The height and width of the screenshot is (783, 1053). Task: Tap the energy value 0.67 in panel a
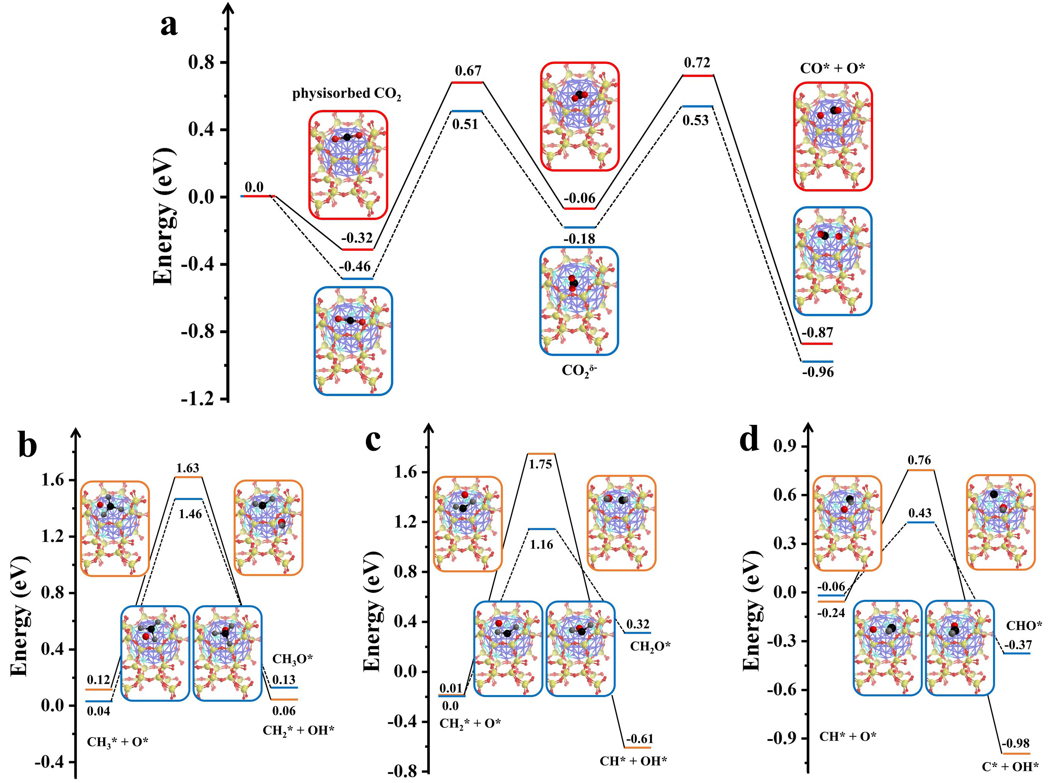(468, 71)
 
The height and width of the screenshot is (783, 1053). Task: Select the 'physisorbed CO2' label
(346, 94)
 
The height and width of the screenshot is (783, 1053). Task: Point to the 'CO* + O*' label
(832, 68)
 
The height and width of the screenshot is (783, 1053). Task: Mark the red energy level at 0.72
(698, 75)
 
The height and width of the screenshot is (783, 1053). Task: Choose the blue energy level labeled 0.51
(467, 111)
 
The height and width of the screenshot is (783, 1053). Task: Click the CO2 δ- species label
(579, 370)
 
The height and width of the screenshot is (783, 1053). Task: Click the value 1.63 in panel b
(188, 468)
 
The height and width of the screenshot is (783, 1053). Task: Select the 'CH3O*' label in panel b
(292, 659)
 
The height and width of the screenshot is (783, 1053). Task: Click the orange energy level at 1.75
(541, 454)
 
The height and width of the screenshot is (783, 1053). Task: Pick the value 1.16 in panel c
(541, 544)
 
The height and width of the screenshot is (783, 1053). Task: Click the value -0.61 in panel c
(640, 739)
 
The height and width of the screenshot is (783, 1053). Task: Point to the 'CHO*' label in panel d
(1024, 626)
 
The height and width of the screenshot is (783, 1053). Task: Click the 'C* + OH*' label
(1010, 766)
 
